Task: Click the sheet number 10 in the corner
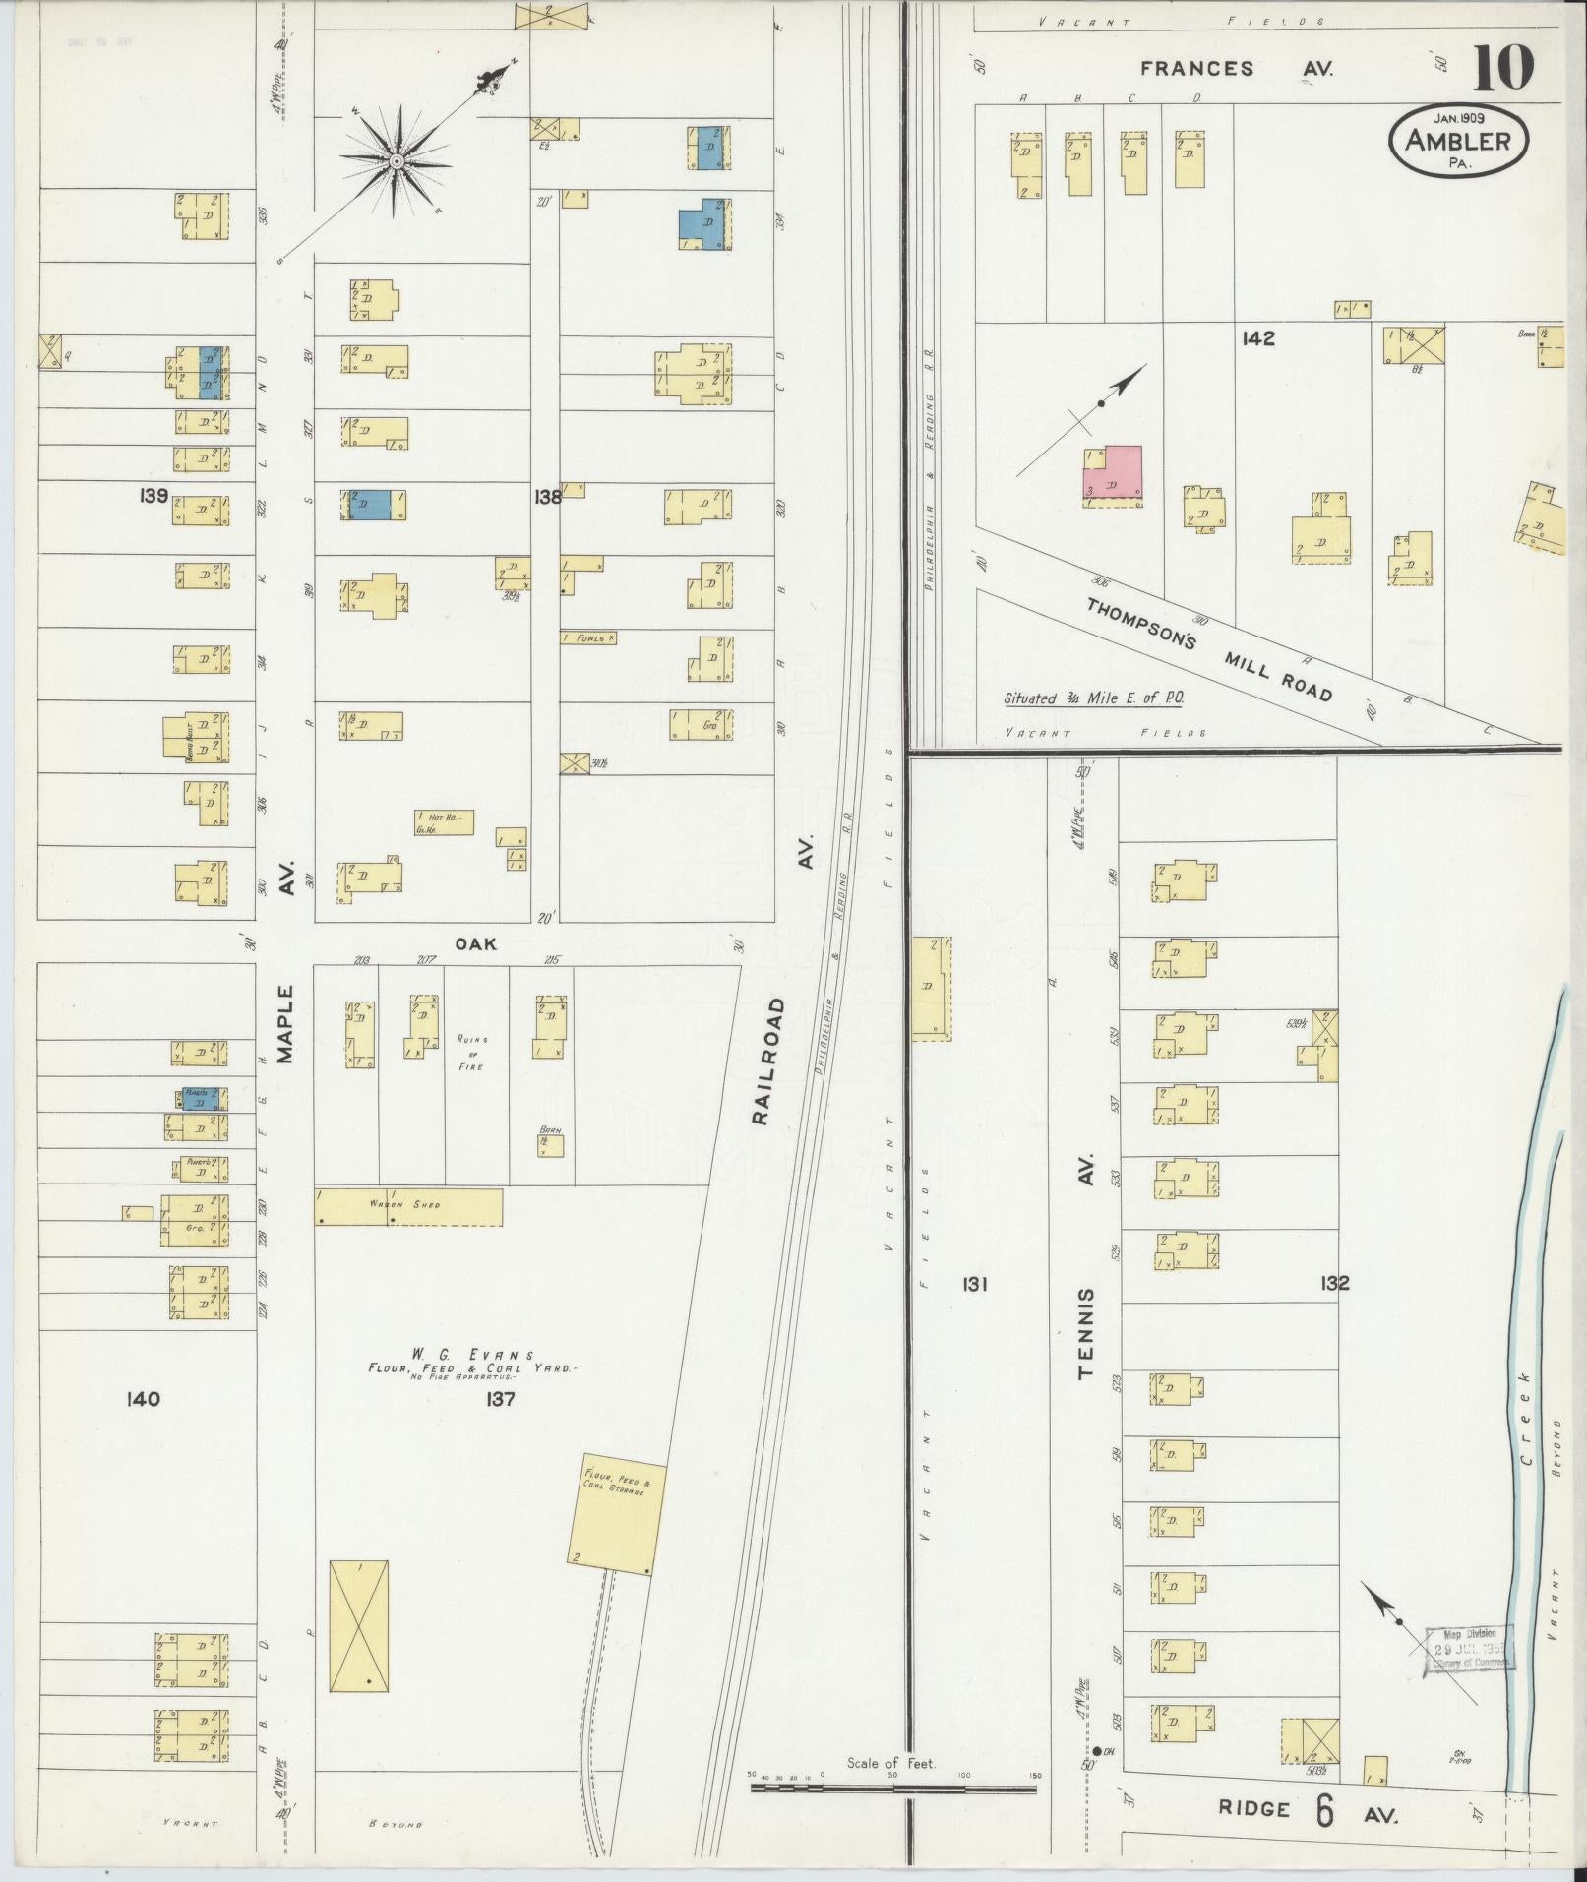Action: point(1502,67)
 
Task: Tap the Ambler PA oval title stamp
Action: point(1458,141)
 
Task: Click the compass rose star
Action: point(396,160)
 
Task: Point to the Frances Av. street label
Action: point(1236,69)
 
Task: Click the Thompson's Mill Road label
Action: point(1209,649)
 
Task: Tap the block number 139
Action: point(154,495)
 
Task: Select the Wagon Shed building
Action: point(407,1206)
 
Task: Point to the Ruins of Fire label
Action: point(471,1052)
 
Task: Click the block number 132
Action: point(1335,1283)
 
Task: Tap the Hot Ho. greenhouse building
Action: point(444,822)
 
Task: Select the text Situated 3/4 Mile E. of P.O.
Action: point(1093,698)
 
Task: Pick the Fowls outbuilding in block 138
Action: point(588,637)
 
